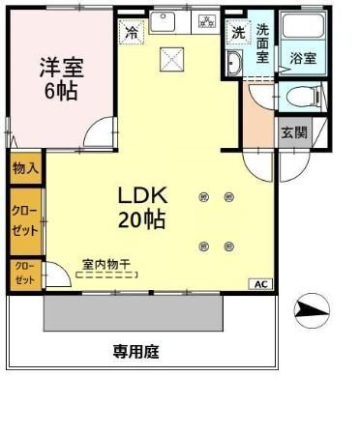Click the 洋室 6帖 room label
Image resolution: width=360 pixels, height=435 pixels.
[x=60, y=79]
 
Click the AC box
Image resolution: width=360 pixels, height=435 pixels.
[x=261, y=283]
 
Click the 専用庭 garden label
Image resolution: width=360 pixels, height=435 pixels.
[x=135, y=352]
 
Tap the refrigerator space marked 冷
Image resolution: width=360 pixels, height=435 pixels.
[x=131, y=31]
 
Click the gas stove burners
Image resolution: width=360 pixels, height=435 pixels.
[x=206, y=20]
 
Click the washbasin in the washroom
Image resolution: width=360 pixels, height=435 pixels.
[x=235, y=63]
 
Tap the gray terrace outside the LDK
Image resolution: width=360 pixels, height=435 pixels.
[x=160, y=312]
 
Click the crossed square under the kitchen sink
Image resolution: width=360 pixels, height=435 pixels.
[x=172, y=60]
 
